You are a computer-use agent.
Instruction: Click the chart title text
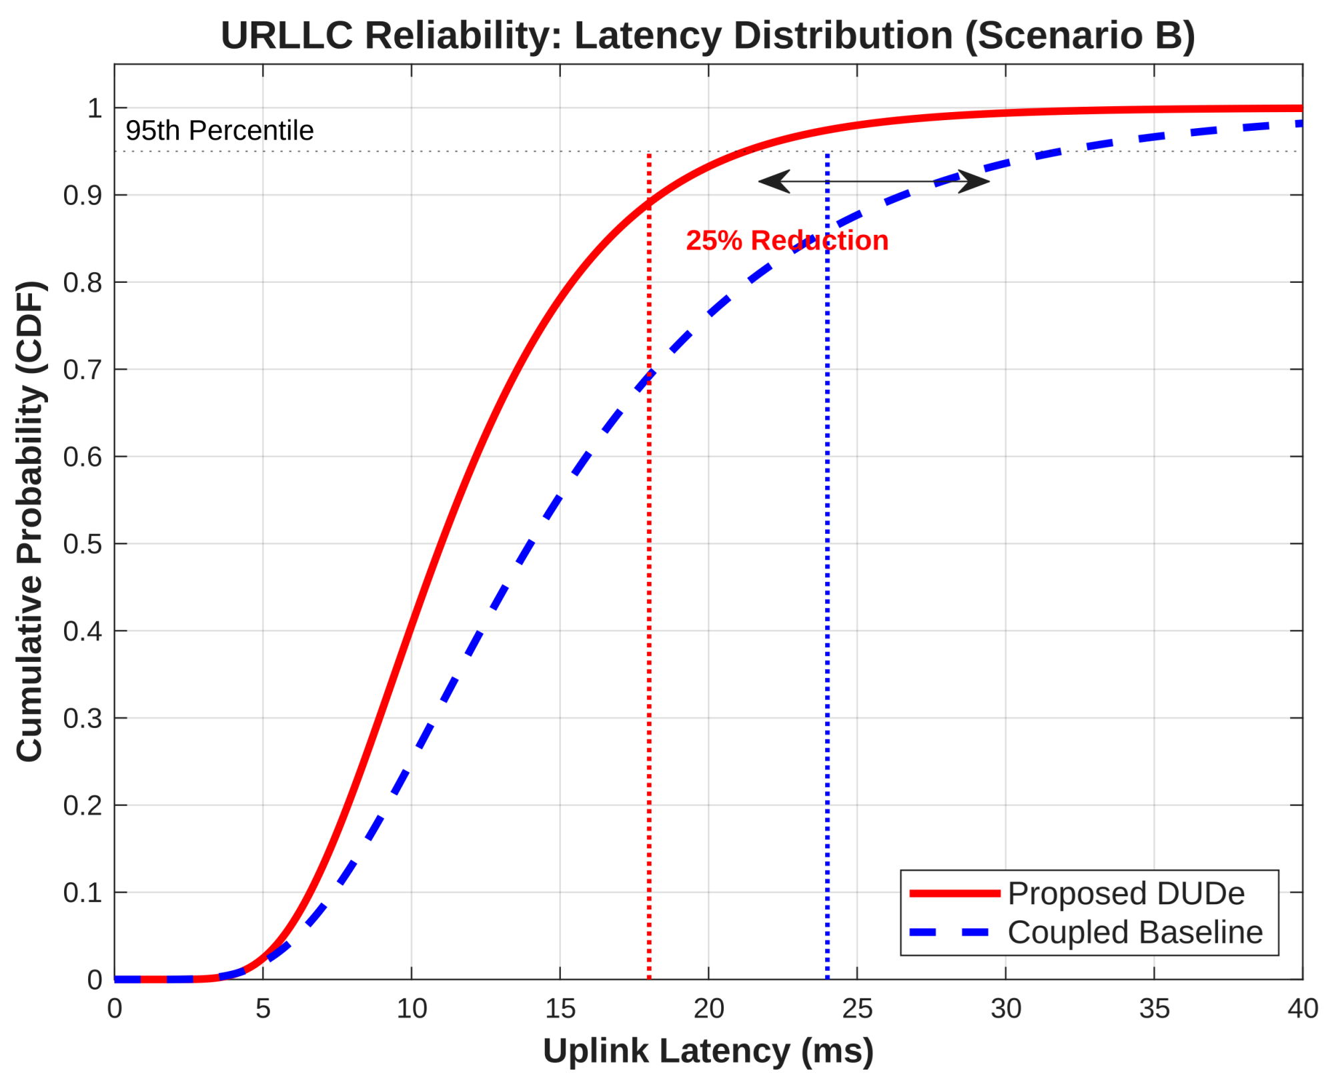(708, 35)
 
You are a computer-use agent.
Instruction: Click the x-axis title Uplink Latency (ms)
(708, 1051)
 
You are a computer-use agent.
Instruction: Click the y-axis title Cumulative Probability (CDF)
(30, 521)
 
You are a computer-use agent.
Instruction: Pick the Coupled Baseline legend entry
(1087, 932)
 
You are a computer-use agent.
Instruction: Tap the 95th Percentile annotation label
(219, 131)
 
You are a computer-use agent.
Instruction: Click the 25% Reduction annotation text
(787, 241)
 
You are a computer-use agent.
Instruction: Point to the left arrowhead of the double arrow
(760, 181)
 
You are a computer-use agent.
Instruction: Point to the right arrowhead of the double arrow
(989, 181)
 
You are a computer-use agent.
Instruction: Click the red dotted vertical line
(649, 566)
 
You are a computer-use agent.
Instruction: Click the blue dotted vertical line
(827, 566)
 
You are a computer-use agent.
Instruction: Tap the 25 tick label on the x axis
(857, 1009)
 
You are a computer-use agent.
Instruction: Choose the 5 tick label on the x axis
(263, 1009)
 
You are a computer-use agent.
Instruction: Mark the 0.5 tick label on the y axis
(83, 544)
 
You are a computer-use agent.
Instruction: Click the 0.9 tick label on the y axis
(83, 196)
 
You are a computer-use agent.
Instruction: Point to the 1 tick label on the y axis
(95, 108)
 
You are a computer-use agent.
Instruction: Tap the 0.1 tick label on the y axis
(83, 893)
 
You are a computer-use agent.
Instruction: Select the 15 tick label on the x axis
(560, 1009)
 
